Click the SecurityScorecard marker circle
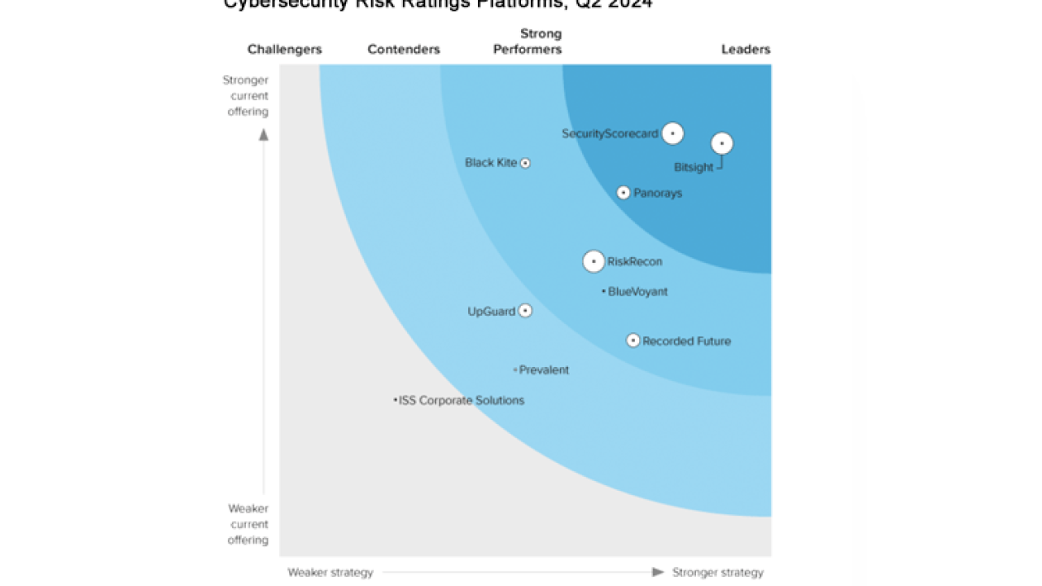tap(672, 133)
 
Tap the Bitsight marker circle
tap(722, 144)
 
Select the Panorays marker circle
tap(624, 193)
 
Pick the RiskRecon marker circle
tap(593, 261)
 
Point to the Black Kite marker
tap(525, 163)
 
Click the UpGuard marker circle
tap(525, 311)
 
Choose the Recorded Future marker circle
tap(633, 340)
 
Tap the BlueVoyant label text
tap(638, 291)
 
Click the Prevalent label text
tap(544, 370)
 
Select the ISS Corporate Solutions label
tap(462, 400)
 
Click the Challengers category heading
tap(285, 50)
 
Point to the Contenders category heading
tap(404, 50)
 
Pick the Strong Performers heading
tap(528, 42)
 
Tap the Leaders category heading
tap(746, 50)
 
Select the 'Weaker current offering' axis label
tap(247, 524)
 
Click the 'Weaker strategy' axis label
tap(331, 572)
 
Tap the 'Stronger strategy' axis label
tap(718, 572)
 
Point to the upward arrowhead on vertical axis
tap(264, 134)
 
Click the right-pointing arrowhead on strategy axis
tap(659, 572)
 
